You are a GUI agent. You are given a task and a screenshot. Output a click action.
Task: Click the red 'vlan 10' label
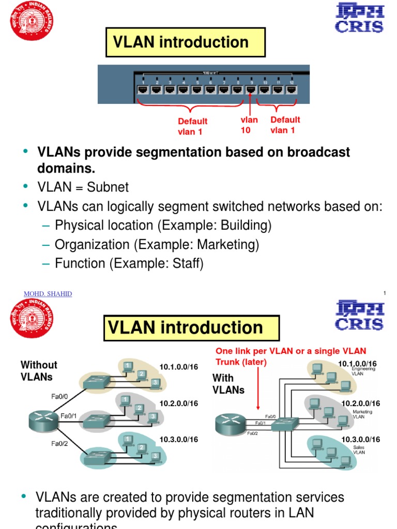point(249,125)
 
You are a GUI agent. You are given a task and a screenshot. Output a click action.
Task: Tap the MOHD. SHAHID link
point(48,294)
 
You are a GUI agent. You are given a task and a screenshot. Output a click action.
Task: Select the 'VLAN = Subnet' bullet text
point(83,187)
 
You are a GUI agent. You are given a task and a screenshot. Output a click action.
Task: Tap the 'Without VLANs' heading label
point(38,370)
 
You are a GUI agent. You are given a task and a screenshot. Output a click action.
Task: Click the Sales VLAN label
point(359,449)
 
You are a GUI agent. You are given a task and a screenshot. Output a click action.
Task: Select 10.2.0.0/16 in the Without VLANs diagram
point(178,403)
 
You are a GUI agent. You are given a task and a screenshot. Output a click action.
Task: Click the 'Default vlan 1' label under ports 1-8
point(192,126)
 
